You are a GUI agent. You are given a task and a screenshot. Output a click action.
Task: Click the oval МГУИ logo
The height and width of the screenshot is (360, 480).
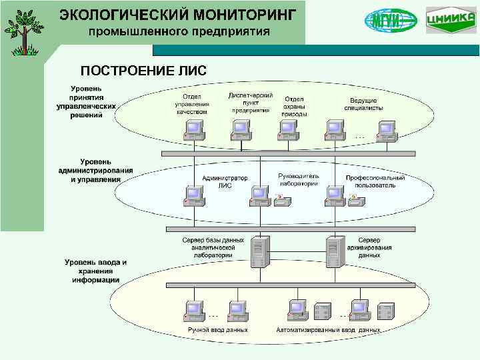[x=391, y=20]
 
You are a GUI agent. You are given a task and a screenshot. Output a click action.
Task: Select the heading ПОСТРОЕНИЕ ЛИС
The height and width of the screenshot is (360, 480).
[x=143, y=71]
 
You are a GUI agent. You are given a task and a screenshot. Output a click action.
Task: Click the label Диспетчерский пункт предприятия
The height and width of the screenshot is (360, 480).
[x=250, y=103]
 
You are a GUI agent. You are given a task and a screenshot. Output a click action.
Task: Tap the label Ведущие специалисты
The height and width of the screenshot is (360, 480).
[x=363, y=103]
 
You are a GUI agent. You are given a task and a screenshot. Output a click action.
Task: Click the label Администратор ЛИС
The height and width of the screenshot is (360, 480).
[x=225, y=182]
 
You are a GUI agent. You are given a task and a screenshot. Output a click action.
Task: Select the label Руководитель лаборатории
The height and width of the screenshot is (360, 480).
[x=298, y=179]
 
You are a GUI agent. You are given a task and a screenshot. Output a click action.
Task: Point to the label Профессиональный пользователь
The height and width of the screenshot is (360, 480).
[x=375, y=181]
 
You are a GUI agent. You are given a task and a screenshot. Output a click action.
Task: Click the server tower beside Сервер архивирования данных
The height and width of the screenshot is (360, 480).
[x=333, y=252]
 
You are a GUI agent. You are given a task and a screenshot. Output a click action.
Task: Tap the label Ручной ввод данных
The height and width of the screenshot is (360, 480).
[x=217, y=329]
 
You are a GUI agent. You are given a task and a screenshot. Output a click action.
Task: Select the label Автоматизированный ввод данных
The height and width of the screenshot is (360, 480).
[x=328, y=329]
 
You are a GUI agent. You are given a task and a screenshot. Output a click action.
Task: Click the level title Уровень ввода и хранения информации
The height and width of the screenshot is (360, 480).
[x=95, y=271]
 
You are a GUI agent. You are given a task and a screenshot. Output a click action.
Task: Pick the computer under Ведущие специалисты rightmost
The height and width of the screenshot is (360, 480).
[x=386, y=131]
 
